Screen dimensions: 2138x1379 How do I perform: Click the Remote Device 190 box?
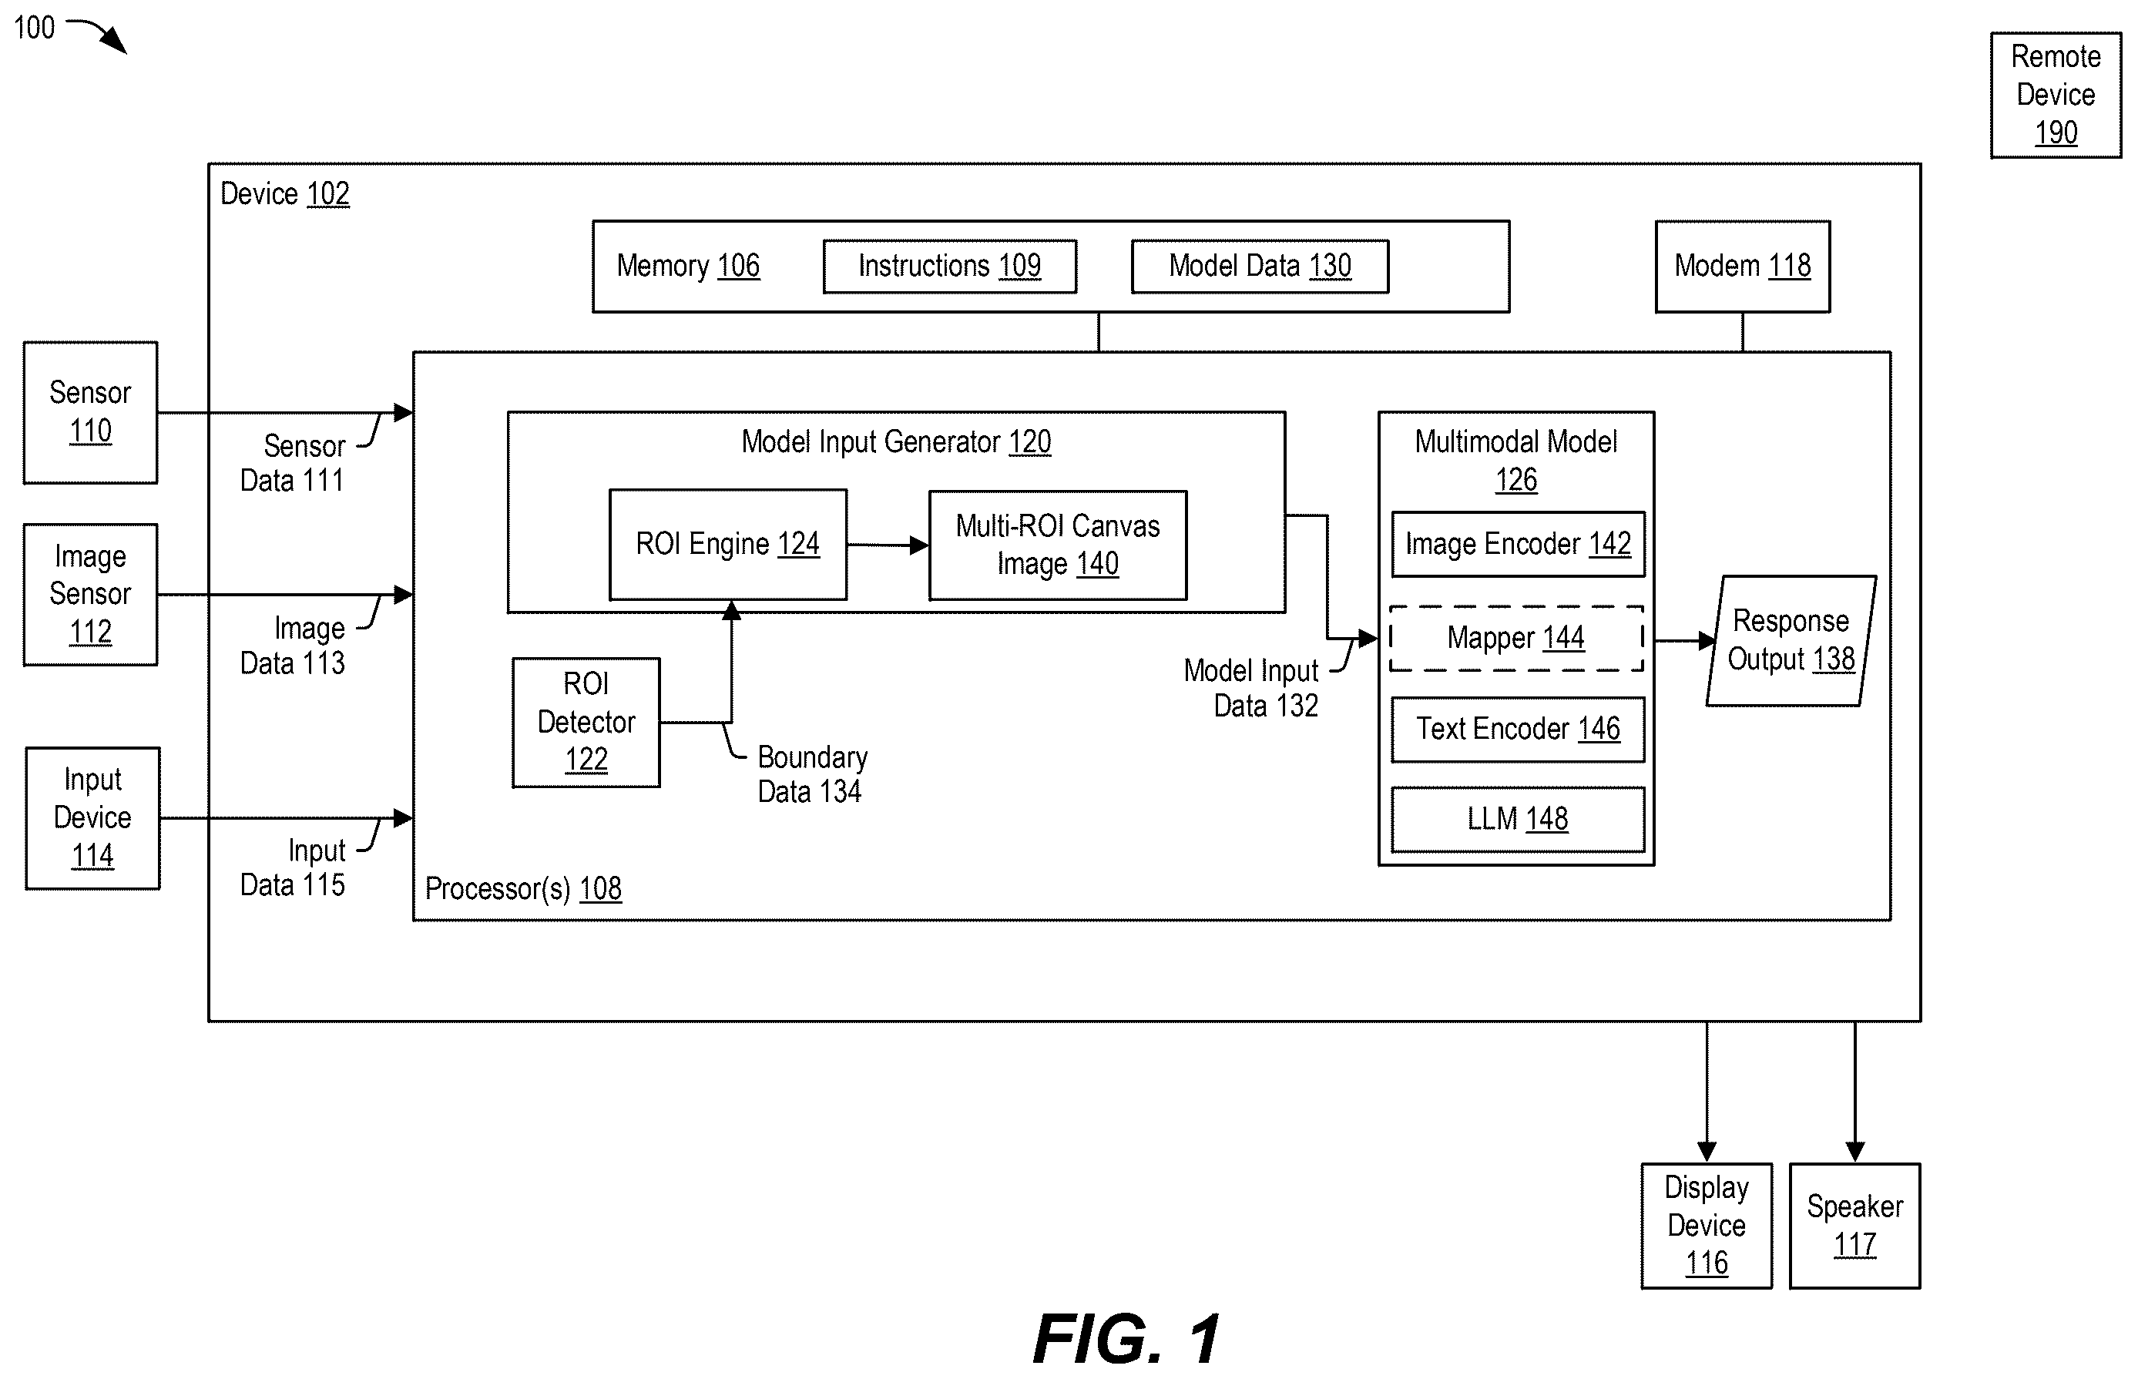[x=2056, y=95]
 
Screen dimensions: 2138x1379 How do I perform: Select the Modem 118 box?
[x=1742, y=266]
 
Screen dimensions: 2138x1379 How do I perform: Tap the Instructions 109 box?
[x=949, y=266]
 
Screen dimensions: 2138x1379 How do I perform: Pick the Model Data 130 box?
[x=1260, y=266]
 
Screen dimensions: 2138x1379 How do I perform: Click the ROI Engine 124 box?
[x=728, y=545]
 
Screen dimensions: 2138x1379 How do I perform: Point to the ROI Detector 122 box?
[x=586, y=723]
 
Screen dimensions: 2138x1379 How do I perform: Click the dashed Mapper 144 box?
[x=1515, y=639]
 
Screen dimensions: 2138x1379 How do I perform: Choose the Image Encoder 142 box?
[x=1518, y=544]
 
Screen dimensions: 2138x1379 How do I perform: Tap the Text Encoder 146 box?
[x=1518, y=729]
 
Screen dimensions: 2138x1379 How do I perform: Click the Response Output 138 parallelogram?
[x=1791, y=640]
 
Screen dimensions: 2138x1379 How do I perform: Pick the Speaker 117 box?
[x=1854, y=1225]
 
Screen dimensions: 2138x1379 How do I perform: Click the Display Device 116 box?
[x=1707, y=1225]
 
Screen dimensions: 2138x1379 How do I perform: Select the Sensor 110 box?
[x=90, y=413]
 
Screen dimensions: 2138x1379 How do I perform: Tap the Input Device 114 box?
[x=92, y=817]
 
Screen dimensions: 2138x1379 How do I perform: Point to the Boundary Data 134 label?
[x=812, y=774]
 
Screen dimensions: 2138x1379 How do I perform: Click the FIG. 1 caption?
[x=1126, y=1338]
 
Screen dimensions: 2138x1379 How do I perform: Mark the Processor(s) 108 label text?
[x=523, y=888]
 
